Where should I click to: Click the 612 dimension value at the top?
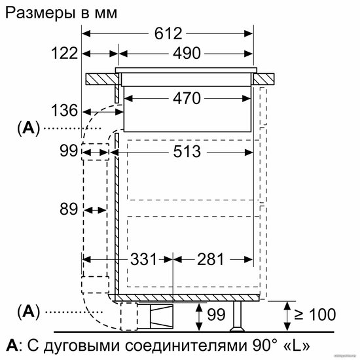click(168, 34)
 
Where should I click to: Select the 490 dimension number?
click(187, 53)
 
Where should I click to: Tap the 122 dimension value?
click(65, 53)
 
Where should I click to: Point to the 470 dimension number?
click(187, 98)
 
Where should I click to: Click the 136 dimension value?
click(65, 111)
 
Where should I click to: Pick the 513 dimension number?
click(187, 152)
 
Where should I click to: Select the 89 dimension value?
click(69, 209)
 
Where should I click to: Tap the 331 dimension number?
click(143, 259)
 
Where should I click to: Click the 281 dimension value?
click(210, 259)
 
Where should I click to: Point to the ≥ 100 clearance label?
click(315, 315)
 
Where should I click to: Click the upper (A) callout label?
click(28, 128)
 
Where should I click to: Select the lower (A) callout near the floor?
click(28, 312)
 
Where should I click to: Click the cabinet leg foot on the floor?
click(238, 329)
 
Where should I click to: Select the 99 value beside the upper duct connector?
click(69, 151)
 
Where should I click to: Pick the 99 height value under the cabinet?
click(216, 315)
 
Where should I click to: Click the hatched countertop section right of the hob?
click(264, 79)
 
